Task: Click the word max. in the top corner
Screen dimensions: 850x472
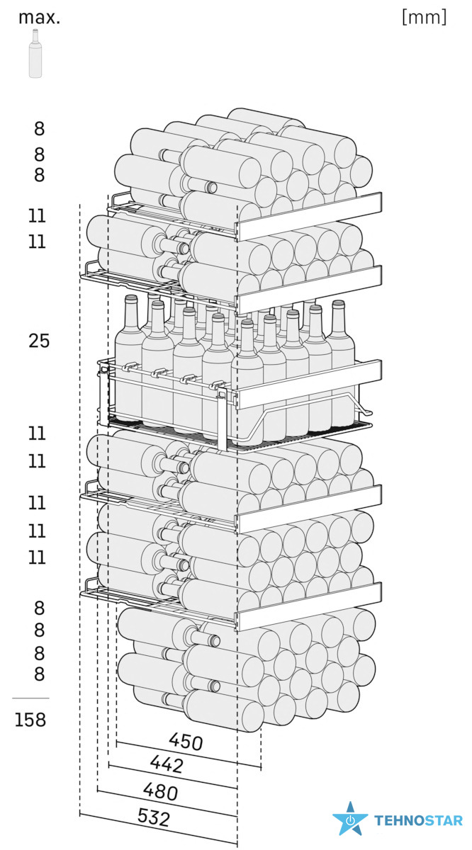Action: [39, 18]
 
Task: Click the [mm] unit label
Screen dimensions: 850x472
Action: [424, 18]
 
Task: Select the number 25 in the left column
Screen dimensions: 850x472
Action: [39, 341]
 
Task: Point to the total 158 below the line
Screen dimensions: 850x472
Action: [31, 720]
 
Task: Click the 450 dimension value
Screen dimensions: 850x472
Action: [186, 741]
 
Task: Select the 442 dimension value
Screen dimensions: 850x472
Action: [167, 764]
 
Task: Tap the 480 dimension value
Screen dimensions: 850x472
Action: [160, 790]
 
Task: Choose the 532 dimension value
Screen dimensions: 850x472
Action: [153, 818]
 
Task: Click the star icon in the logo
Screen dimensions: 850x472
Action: [350, 820]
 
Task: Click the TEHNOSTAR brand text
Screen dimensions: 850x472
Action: [418, 821]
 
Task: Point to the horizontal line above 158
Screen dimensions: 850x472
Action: [31, 698]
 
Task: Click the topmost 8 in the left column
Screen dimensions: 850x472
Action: [39, 129]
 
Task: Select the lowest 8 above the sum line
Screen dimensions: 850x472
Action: [39, 674]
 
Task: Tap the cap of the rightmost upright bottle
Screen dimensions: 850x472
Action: [338, 305]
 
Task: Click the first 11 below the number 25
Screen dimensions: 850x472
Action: [37, 433]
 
